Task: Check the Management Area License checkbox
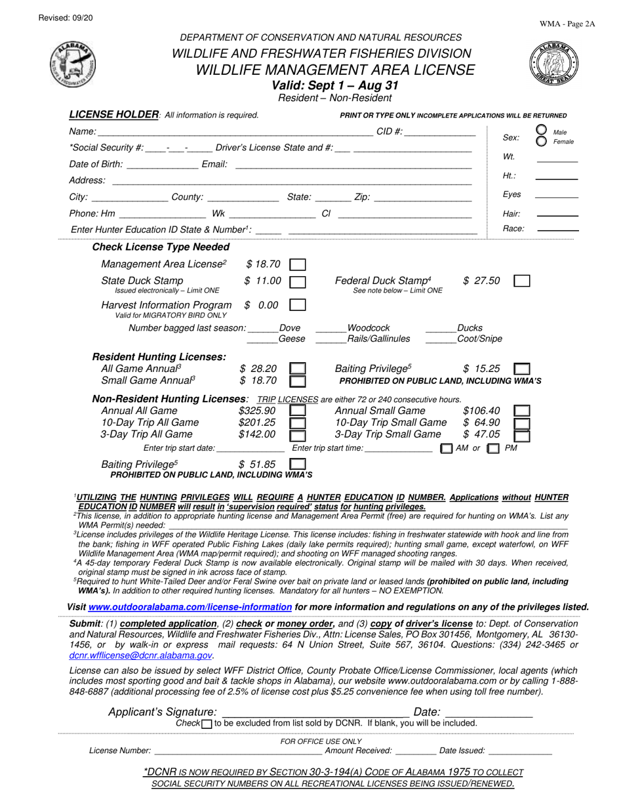pyautogui.click(x=298, y=264)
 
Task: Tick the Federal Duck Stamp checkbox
pyautogui.click(x=521, y=281)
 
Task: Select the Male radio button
pyautogui.click(x=542, y=130)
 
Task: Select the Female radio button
pyautogui.click(x=542, y=141)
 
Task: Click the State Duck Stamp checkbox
pyautogui.click(x=298, y=281)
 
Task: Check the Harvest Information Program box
pyautogui.click(x=298, y=305)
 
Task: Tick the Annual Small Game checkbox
pyautogui.click(x=521, y=411)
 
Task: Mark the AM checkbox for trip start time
pyautogui.click(x=447, y=449)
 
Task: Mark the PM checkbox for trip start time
pyautogui.click(x=494, y=449)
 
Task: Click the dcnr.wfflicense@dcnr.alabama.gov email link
pyautogui.click(x=140, y=655)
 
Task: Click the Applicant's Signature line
pyautogui.click(x=315, y=713)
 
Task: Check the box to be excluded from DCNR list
pyautogui.click(x=207, y=724)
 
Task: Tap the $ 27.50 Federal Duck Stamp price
pyautogui.click(x=481, y=281)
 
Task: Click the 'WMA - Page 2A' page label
pyautogui.click(x=567, y=24)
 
